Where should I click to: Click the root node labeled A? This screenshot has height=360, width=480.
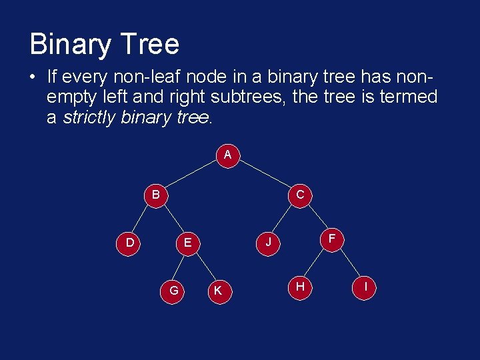[x=227, y=155]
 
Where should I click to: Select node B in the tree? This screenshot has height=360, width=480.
[x=155, y=195]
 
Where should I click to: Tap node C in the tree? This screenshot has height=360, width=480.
[x=300, y=195]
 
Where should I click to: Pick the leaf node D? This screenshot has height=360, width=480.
[x=129, y=243]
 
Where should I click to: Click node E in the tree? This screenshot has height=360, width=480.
[x=187, y=243]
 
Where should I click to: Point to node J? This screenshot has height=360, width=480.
[x=268, y=243]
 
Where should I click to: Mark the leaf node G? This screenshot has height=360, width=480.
[x=173, y=290]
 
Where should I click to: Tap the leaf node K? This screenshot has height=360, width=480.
[x=217, y=290]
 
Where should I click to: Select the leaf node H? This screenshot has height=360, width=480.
[x=301, y=287]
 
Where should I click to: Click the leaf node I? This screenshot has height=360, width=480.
[x=365, y=287]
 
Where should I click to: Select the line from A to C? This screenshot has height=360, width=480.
[x=264, y=174]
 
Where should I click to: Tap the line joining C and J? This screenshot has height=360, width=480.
[x=283, y=219]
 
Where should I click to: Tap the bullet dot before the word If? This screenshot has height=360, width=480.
[x=33, y=75]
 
